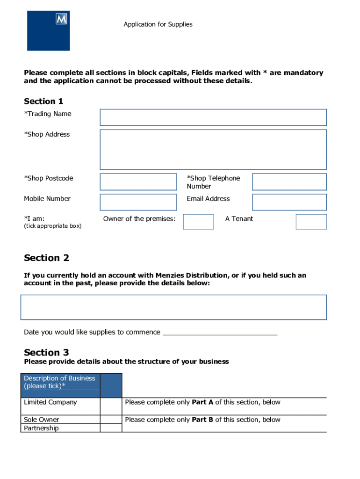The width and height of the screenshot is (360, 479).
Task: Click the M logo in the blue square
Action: (61, 19)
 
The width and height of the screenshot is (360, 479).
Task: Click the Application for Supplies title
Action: (158, 24)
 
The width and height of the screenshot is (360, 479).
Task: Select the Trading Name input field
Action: (213, 117)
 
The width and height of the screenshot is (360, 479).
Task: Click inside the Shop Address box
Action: (213, 150)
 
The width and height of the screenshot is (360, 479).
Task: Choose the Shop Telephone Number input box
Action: (289, 182)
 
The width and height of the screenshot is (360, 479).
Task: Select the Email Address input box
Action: (289, 202)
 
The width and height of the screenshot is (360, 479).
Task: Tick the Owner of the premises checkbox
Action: (198, 222)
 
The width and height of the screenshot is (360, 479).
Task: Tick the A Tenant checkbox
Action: (311, 222)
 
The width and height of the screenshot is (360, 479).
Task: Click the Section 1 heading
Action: (43, 102)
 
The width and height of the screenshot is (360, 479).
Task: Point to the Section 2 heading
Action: (46, 258)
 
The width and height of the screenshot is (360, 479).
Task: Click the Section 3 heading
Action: (46, 353)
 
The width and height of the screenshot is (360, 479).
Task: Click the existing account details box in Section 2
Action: (173, 307)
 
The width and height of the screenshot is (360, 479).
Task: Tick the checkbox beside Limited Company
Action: (111, 406)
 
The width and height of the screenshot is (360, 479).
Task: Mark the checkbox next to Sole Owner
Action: (111, 419)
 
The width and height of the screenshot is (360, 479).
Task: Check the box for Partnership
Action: (111, 428)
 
